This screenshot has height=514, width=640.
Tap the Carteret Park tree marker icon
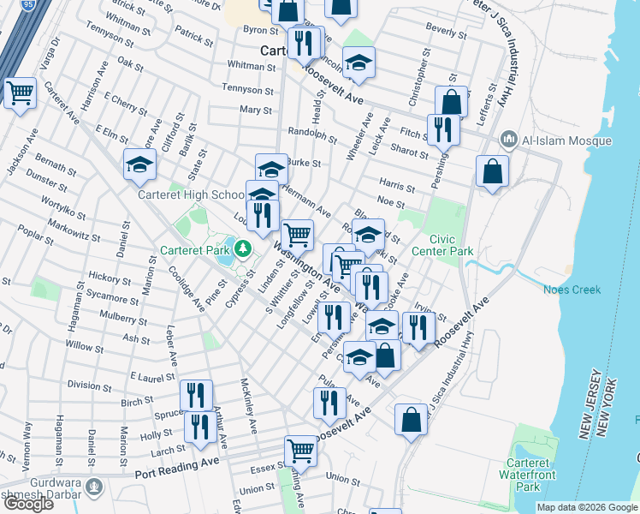pyautogui.click(x=243, y=250)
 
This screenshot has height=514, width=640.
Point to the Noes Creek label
pyautogui.click(x=572, y=290)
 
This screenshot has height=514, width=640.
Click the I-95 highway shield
pyautogui.click(x=30, y=5)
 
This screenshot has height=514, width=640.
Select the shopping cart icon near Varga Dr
pyautogui.click(x=20, y=92)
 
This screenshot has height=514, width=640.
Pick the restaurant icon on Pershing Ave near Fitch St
pyautogui.click(x=442, y=128)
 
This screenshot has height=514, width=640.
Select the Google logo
pyautogui.click(x=28, y=504)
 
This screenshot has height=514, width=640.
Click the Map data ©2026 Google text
pyautogui.click(x=586, y=507)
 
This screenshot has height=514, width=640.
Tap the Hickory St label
pyautogui.click(x=102, y=278)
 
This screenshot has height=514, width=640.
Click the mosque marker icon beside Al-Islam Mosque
pyautogui.click(x=509, y=138)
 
